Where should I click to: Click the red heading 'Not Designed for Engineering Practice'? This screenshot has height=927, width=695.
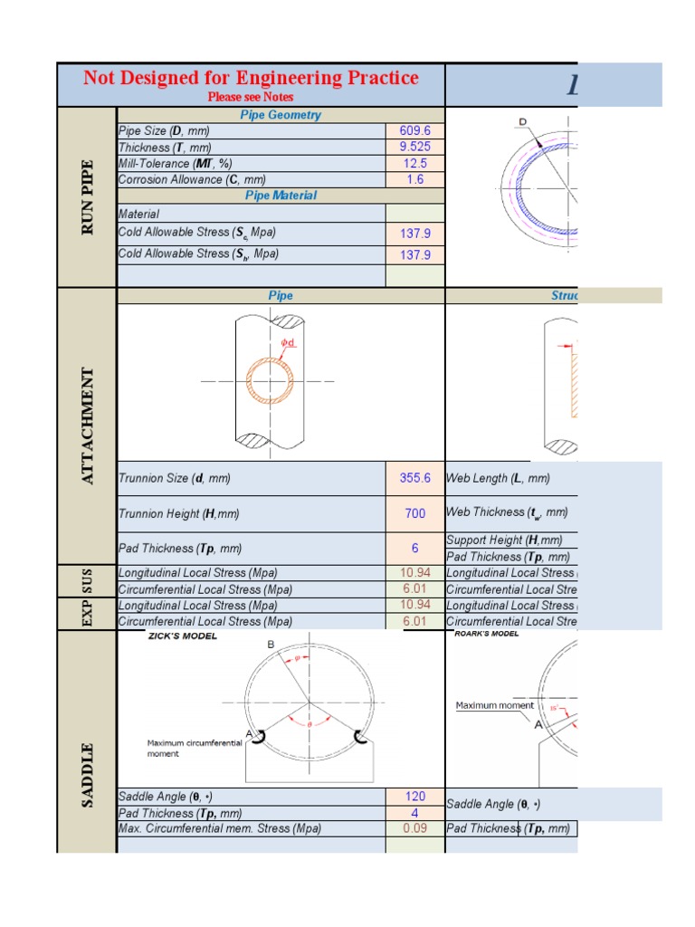251,78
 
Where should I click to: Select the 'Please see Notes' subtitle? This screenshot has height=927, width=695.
251,97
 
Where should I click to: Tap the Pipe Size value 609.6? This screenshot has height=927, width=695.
414,131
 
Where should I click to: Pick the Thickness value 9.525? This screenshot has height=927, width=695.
414,147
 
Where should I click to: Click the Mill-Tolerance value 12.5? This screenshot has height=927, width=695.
414,164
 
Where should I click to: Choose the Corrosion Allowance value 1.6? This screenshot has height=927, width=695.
414,180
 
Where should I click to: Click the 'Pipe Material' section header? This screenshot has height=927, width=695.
281,196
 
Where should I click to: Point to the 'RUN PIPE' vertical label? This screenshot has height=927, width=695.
88,197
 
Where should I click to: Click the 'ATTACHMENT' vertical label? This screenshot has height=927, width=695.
88,425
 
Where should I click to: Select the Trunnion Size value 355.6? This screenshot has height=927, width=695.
414,478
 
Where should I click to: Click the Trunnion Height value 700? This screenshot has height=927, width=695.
414,513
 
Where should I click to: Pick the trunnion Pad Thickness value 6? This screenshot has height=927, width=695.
414,549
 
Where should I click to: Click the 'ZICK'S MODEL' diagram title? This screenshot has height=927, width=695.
183,636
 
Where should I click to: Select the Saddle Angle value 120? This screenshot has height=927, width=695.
414,797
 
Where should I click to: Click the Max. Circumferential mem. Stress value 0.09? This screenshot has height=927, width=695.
414,828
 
